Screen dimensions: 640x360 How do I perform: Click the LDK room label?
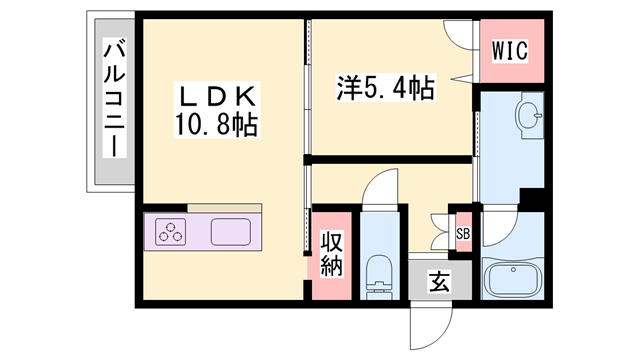[x=219, y=97]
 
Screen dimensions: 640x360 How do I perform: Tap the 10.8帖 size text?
[x=220, y=125]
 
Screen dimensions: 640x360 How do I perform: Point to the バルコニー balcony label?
[x=113, y=100]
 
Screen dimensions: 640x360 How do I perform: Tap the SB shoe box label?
[x=463, y=234]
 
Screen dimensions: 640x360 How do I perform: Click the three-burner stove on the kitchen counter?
[x=172, y=232]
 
